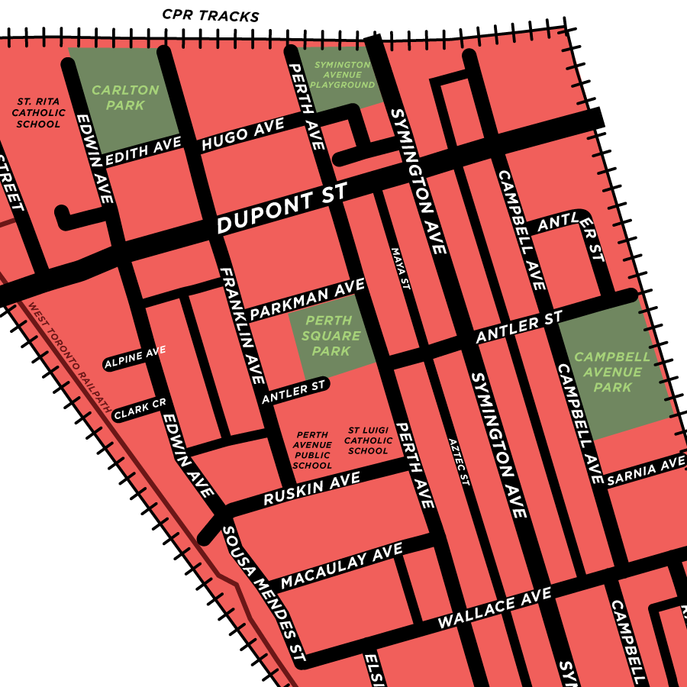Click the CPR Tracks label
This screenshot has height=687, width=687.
[211, 15]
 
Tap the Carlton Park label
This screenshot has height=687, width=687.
[125, 98]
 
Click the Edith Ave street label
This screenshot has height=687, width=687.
[144, 150]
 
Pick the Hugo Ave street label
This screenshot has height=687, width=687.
[243, 134]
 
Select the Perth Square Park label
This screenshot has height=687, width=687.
[331, 336]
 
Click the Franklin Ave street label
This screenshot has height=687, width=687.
[241, 324]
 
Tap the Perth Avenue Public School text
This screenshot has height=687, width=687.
[313, 450]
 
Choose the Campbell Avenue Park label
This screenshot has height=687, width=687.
[613, 372]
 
